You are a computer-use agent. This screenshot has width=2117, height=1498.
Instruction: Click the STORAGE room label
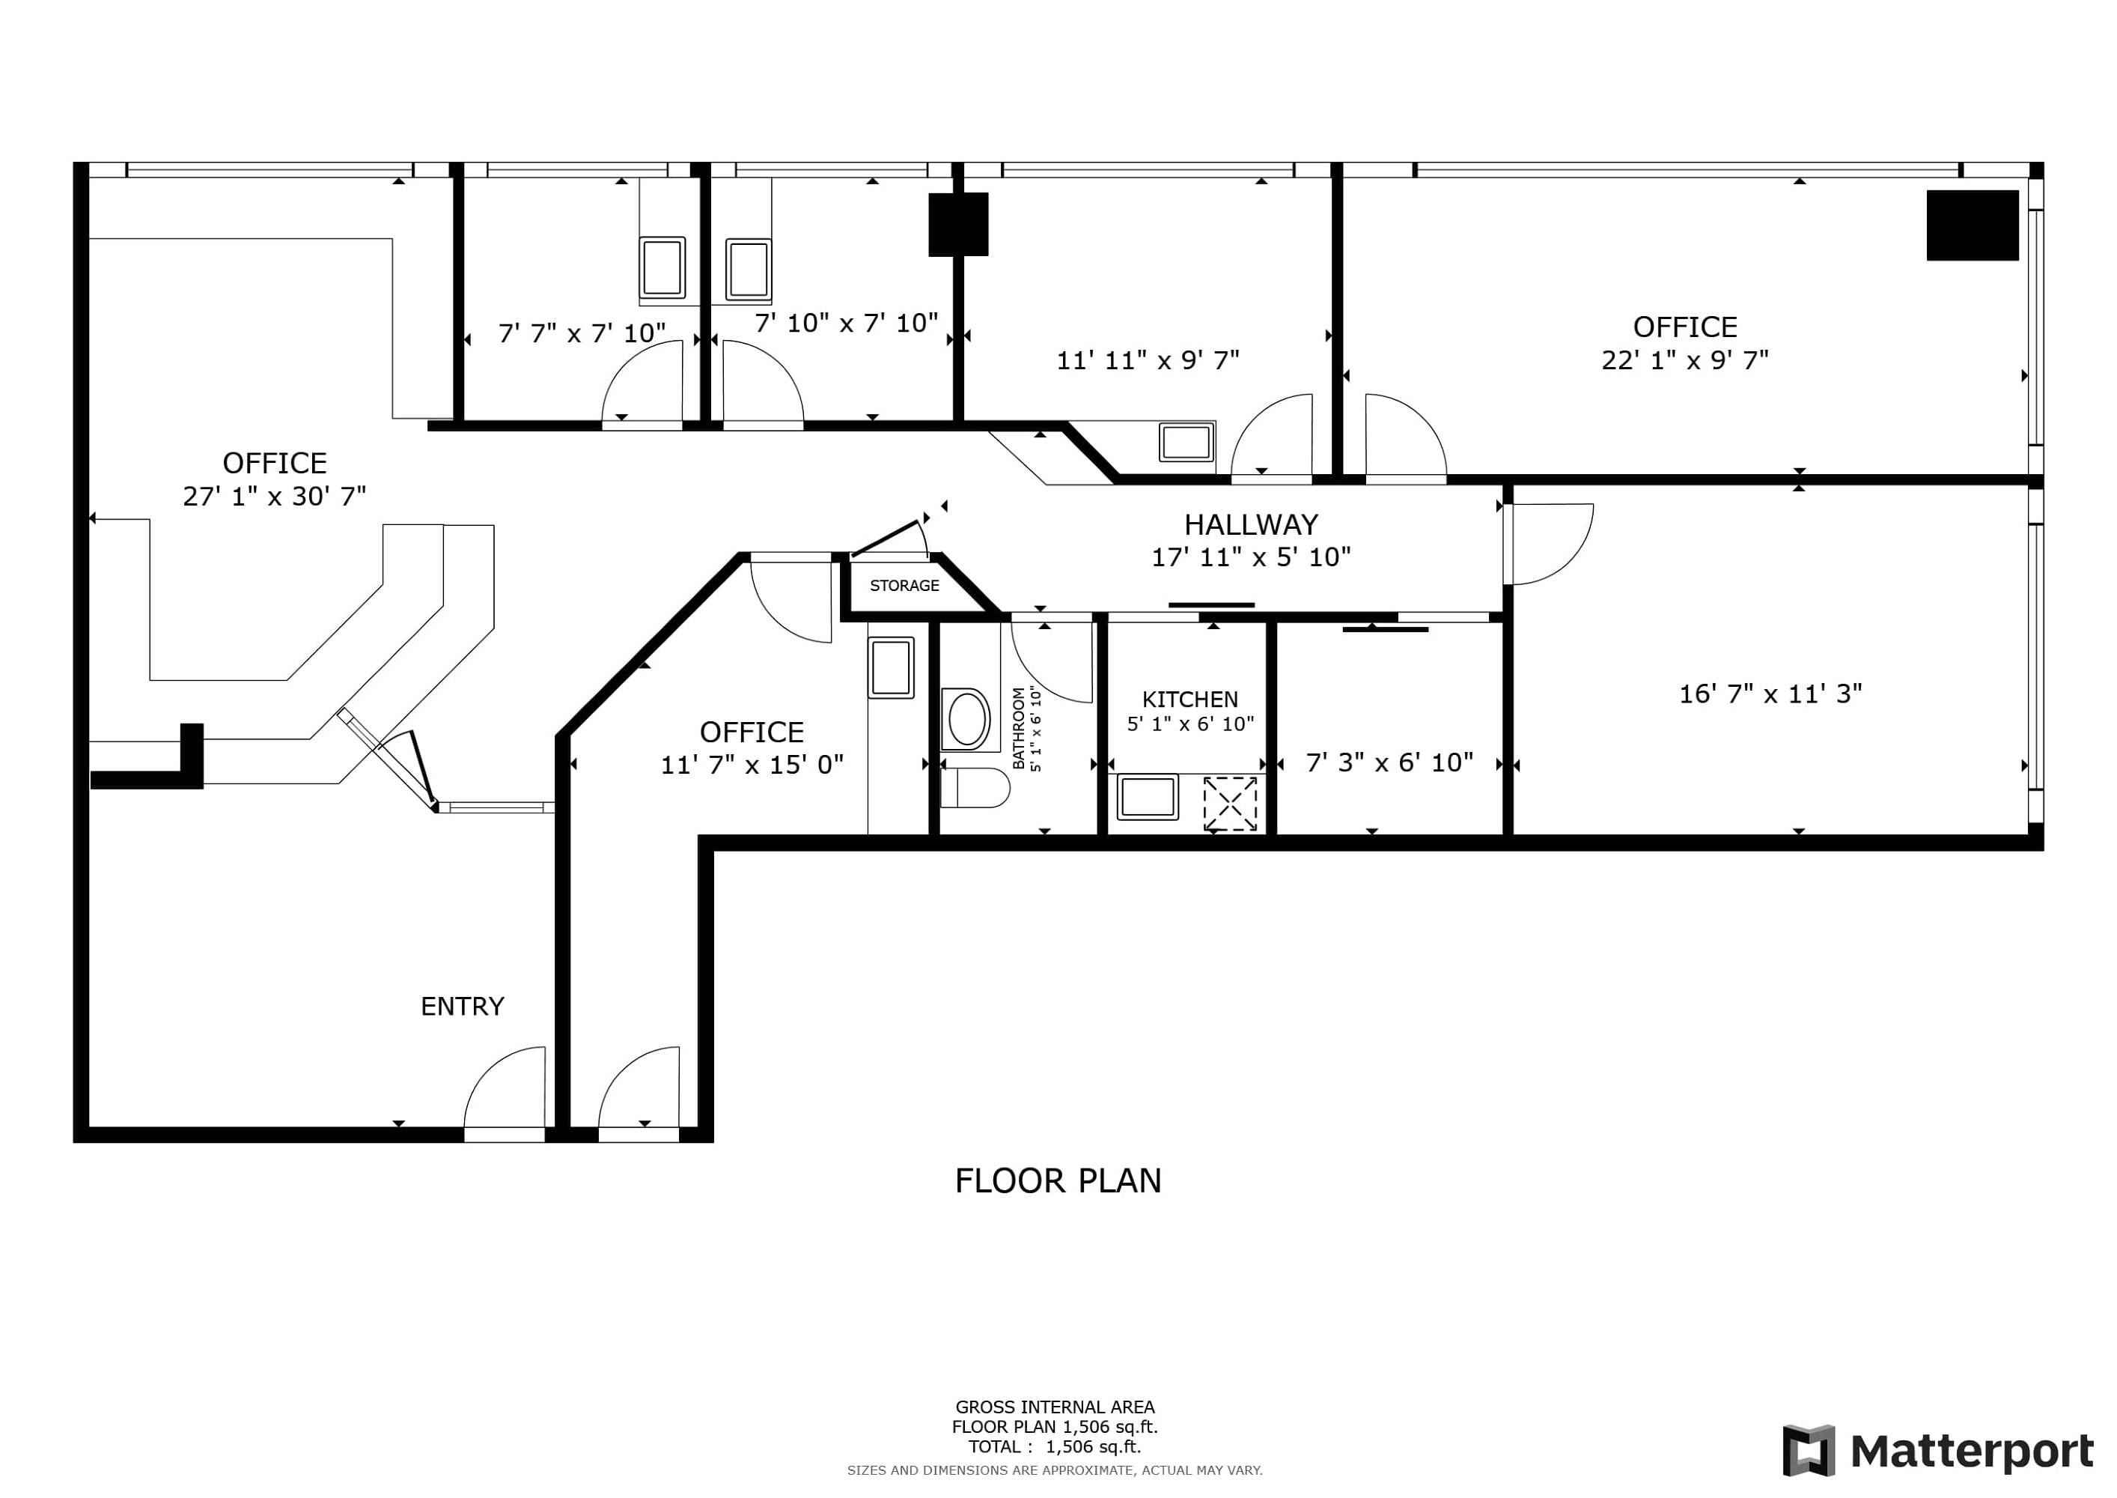904,586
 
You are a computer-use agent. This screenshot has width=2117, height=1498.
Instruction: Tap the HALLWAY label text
1250,525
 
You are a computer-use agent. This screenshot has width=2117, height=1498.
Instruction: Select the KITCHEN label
1190,699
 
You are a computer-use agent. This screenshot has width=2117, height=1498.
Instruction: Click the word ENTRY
462,1007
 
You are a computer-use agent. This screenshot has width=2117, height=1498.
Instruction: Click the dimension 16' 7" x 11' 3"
1770,694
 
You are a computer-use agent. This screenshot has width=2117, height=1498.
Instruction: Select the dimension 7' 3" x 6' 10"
1389,762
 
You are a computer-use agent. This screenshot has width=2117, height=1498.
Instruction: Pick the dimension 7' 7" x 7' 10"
582,333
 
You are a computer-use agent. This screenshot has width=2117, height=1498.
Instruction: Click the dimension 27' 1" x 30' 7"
274,497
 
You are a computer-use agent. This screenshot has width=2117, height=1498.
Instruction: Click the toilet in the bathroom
975,788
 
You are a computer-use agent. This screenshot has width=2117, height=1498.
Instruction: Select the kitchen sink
1147,797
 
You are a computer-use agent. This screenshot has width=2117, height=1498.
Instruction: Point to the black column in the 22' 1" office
1973,225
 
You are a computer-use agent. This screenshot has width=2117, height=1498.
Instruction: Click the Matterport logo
1937,1450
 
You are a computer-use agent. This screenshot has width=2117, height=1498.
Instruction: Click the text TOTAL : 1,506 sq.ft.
1054,1446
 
